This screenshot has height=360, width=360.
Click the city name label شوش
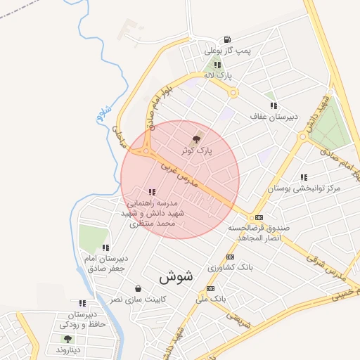pos(180,275)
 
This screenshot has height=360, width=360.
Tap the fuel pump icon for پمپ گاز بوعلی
pos(226,39)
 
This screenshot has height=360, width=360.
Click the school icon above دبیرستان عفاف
pos(273,105)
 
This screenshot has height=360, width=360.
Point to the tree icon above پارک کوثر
pos(195,139)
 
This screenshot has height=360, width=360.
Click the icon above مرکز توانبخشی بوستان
pos(304,178)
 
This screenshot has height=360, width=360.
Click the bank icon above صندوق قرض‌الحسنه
pos(259,217)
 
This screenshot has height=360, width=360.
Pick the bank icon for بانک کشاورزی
pos(230,257)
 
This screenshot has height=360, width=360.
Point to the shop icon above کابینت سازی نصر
pos(137,288)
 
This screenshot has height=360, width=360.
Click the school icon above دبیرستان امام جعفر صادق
pos(105,247)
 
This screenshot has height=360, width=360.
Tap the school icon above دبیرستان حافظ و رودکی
pos(82,303)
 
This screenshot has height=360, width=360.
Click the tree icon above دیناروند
pos(67,338)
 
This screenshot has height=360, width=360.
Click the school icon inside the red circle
pos(152,192)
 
